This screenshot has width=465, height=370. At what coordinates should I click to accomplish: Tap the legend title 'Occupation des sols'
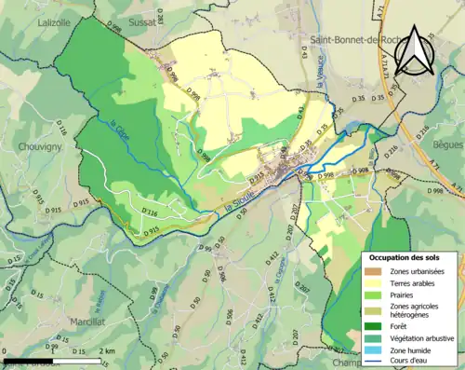pyautogui.click(x=410, y=256)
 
